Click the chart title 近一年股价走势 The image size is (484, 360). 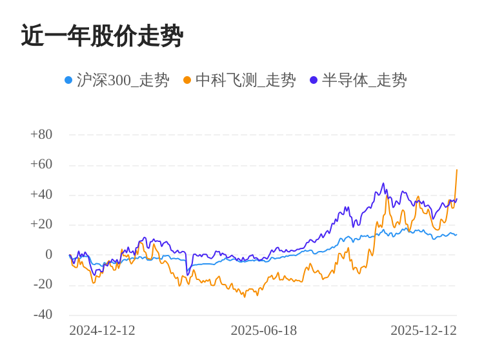click(x=102, y=36)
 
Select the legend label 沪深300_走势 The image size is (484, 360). click(x=123, y=80)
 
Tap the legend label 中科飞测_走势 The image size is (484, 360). click(x=245, y=80)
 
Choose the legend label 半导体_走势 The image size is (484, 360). click(x=364, y=80)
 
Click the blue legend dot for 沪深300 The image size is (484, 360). click(x=68, y=80)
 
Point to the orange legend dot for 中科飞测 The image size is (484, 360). click(x=187, y=80)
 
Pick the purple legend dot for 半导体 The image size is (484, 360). click(x=314, y=80)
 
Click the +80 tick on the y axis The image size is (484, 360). click(x=41, y=134)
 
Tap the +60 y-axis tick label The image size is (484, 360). click(x=41, y=164)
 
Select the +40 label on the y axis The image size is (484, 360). click(x=41, y=194)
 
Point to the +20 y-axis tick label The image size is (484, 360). click(x=41, y=224)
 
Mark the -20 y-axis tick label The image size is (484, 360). click(x=43, y=284)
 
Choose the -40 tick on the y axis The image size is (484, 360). click(x=43, y=314)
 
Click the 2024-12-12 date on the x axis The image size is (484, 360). click(x=102, y=330)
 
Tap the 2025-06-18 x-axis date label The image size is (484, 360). click(x=263, y=330)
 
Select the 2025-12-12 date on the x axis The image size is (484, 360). click(x=423, y=330)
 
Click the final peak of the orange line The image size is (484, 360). click(x=457, y=170)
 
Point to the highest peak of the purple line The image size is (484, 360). click(x=383, y=183)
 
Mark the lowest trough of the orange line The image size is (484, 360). click(x=245, y=297)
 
